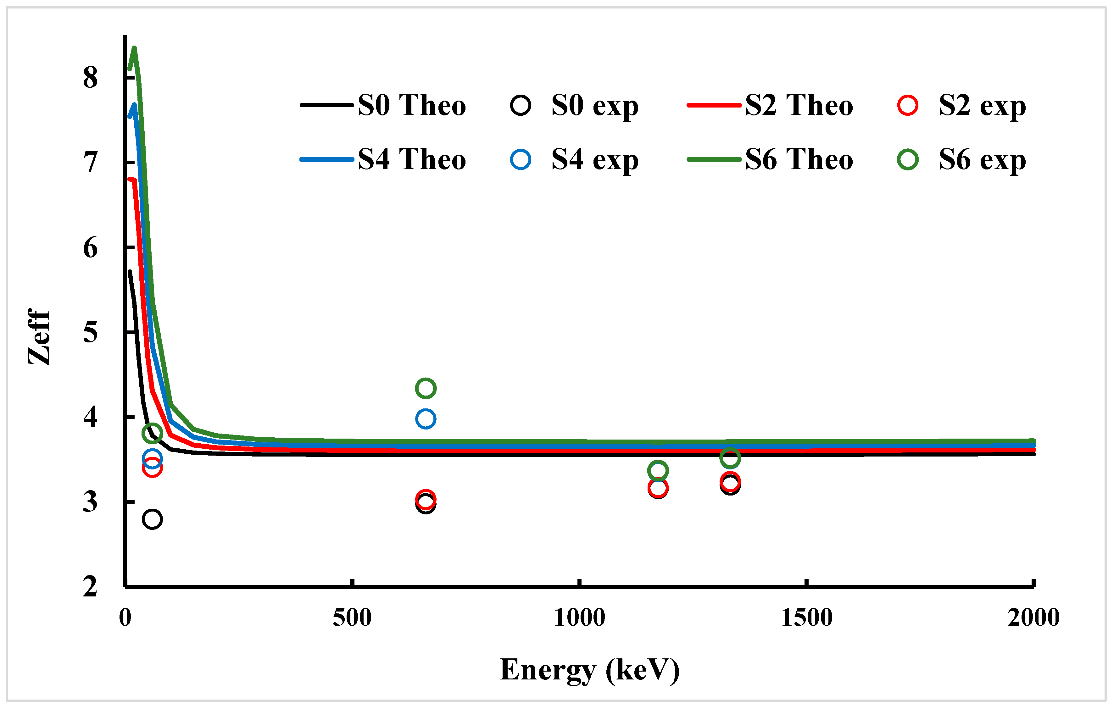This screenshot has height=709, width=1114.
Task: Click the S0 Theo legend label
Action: click(x=411, y=105)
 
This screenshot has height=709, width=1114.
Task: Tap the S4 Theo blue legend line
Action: click(x=326, y=159)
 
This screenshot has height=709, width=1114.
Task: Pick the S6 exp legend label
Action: click(x=982, y=160)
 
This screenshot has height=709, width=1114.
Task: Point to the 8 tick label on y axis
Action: click(x=91, y=78)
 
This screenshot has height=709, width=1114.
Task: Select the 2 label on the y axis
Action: click(x=91, y=587)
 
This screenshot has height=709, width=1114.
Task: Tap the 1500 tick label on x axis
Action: click(x=806, y=618)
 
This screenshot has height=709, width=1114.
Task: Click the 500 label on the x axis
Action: click(x=352, y=618)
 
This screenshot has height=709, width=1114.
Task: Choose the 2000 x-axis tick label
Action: click(x=1033, y=618)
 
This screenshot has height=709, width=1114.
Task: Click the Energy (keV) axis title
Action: click(x=589, y=670)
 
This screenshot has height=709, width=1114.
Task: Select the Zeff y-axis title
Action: click(x=39, y=337)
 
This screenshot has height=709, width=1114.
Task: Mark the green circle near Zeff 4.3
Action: click(x=425, y=388)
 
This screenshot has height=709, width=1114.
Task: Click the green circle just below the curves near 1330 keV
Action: click(x=730, y=458)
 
